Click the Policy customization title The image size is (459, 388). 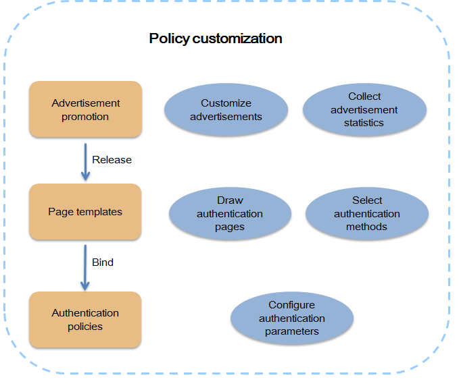click(216, 38)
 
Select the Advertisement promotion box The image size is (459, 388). click(85, 109)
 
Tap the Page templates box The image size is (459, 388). click(85, 212)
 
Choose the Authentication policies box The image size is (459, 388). click(85, 320)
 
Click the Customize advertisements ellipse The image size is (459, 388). click(226, 110)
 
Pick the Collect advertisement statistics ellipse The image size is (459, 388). click(364, 110)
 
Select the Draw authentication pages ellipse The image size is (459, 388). click(230, 214)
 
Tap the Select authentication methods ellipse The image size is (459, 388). click(367, 214)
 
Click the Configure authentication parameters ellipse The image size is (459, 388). click(292, 318)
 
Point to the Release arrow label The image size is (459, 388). click(112, 160)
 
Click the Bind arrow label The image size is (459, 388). click(103, 262)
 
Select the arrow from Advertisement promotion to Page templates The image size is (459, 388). click(85, 162)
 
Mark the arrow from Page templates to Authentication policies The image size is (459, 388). click(85, 268)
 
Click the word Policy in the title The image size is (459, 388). click(170, 39)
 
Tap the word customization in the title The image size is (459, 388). click(237, 38)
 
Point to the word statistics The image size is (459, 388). click(364, 123)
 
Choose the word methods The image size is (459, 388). click(366, 227)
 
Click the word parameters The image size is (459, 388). click(292, 331)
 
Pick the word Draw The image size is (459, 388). click(230, 200)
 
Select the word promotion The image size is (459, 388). click(85, 117)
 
